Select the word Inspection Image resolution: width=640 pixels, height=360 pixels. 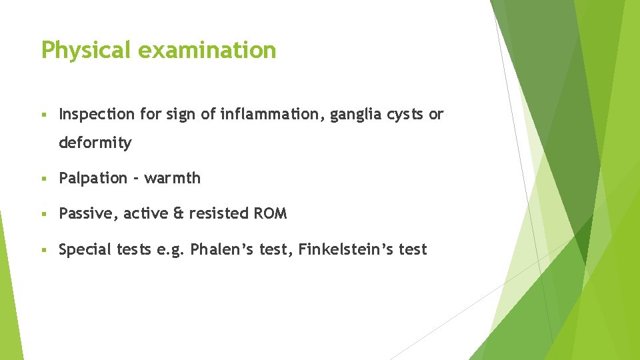pyautogui.click(x=96, y=115)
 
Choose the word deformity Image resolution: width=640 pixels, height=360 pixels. pyautogui.click(x=95, y=143)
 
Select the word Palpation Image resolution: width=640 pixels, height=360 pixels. pyautogui.click(x=93, y=178)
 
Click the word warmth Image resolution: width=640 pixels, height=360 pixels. pyautogui.click(x=172, y=178)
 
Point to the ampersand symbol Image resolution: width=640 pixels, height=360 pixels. pyautogui.click(x=178, y=214)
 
